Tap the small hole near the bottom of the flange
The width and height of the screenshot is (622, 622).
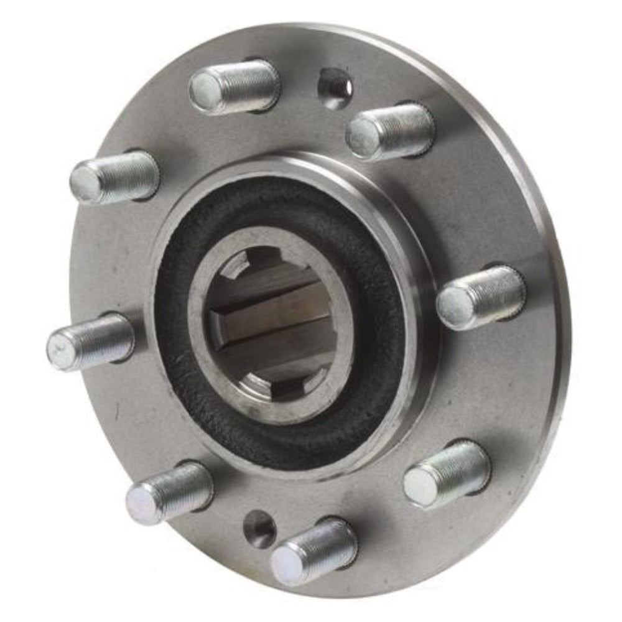point(259,529)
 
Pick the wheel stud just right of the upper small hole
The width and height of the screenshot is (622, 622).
point(390,131)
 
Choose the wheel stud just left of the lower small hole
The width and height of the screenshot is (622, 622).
point(169,493)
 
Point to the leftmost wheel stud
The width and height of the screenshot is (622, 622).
point(90,341)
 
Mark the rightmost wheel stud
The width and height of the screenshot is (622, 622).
point(481,297)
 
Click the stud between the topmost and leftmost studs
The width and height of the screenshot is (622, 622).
point(114,177)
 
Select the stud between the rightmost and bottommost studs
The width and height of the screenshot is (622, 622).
point(447,474)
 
